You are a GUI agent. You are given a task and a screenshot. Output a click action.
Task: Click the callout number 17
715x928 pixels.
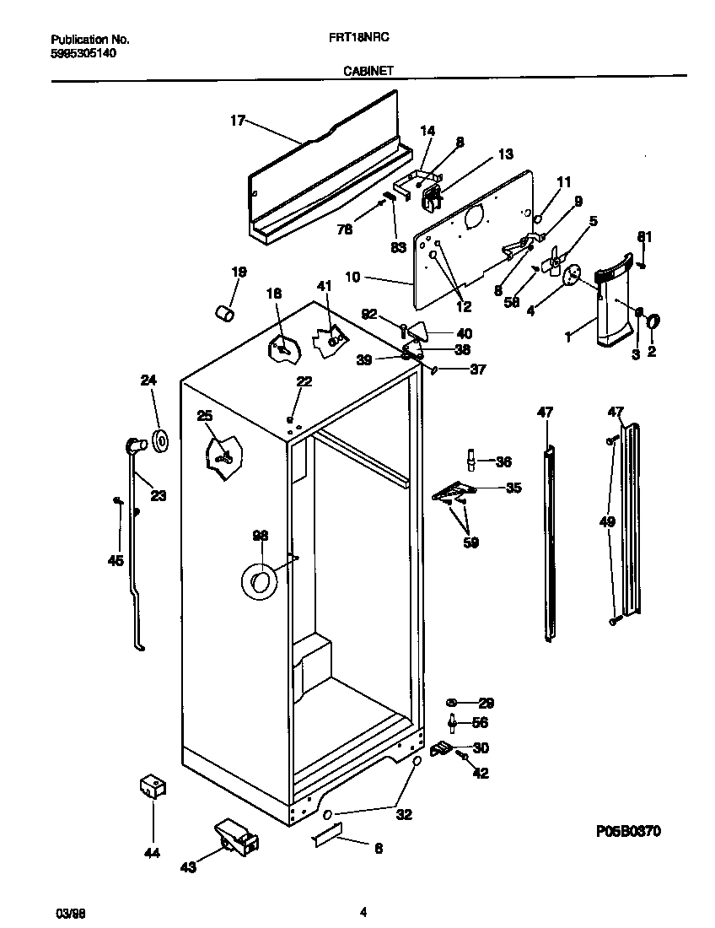pyautogui.click(x=237, y=121)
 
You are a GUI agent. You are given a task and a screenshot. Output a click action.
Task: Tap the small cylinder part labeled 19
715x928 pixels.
pyautogui.click(x=224, y=313)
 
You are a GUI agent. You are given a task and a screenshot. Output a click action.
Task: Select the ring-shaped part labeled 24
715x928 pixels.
pyautogui.click(x=159, y=440)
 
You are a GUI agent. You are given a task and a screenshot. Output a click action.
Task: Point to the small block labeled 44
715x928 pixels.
pyautogui.click(x=152, y=787)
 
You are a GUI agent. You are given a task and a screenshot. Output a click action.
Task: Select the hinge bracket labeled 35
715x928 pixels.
pyautogui.click(x=454, y=492)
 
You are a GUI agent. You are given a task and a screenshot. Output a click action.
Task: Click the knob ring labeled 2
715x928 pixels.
pyautogui.click(x=653, y=321)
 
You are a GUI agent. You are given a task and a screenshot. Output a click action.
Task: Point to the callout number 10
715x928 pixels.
pyautogui.click(x=353, y=277)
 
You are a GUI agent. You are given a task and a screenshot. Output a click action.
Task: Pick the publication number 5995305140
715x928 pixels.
pyautogui.click(x=84, y=52)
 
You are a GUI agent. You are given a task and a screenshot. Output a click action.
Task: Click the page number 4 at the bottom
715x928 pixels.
pyautogui.click(x=363, y=911)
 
